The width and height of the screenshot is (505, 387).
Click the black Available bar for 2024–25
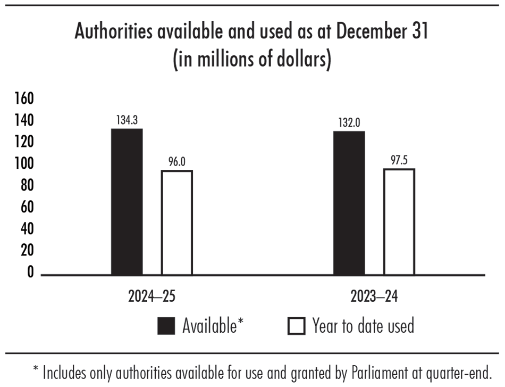(x=127, y=202)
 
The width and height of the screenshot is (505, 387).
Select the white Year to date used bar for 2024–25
(x=177, y=223)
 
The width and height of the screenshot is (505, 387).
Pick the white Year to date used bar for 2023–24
(x=399, y=221)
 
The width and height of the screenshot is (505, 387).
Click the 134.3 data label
(x=127, y=121)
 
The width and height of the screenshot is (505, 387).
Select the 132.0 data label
(x=349, y=123)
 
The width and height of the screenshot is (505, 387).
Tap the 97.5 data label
(x=399, y=161)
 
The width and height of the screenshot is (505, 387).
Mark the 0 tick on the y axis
(x=30, y=273)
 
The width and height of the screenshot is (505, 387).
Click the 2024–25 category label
(x=151, y=297)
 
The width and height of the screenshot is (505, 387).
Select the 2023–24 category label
(x=374, y=297)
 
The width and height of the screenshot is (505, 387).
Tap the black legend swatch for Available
(x=166, y=326)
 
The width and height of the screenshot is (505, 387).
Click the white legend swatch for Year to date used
(x=297, y=326)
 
